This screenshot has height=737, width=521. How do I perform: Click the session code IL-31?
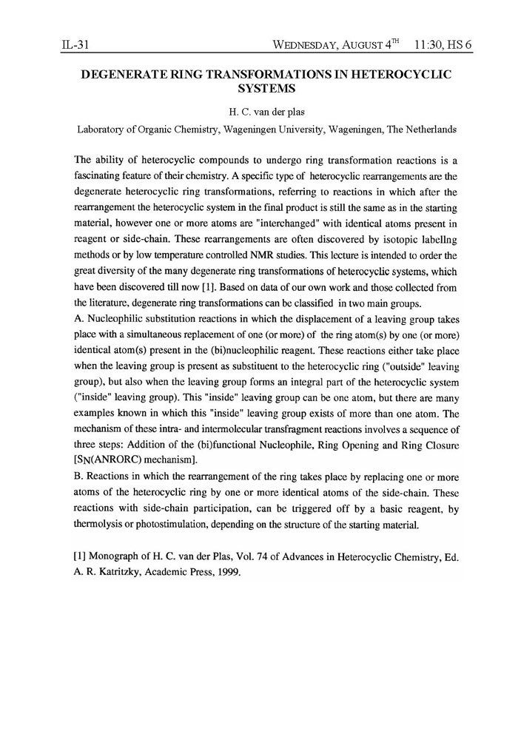[75, 45]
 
